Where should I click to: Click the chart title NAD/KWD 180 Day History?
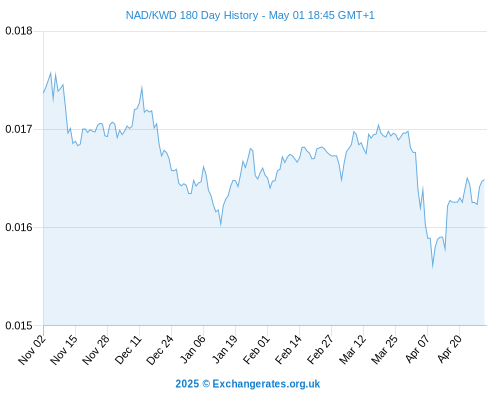coord(192,15)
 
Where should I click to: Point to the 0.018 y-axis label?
coord(19,31)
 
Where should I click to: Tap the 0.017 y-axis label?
coord(19,129)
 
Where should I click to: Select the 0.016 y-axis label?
coord(19,227)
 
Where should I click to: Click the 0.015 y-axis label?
coord(19,325)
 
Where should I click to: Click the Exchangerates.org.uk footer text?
coord(266,384)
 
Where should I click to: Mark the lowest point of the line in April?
coord(432,267)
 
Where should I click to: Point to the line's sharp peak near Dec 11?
coord(142,87)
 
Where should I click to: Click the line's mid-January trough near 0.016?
coord(221,225)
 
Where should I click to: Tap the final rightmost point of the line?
coord(484,180)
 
